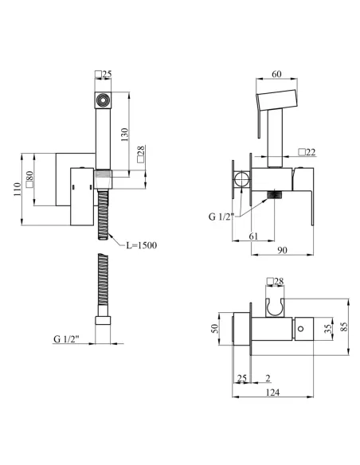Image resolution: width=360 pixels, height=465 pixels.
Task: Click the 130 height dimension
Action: [x=125, y=135]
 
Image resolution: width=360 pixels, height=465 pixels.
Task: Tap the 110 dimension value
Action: [x=18, y=190]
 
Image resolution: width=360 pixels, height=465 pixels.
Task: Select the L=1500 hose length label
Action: [x=142, y=245]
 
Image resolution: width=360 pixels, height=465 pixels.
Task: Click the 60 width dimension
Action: [x=276, y=74]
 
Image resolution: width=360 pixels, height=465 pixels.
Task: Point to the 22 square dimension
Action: [x=307, y=152]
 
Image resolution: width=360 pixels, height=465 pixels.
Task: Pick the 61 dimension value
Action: [x=253, y=236]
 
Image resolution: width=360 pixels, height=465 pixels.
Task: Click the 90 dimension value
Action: [x=282, y=250]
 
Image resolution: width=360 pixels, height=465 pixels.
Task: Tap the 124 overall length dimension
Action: [x=272, y=393]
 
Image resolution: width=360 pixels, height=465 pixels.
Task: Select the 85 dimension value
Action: [x=344, y=326]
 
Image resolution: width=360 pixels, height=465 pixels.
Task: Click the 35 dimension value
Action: [x=328, y=329]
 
